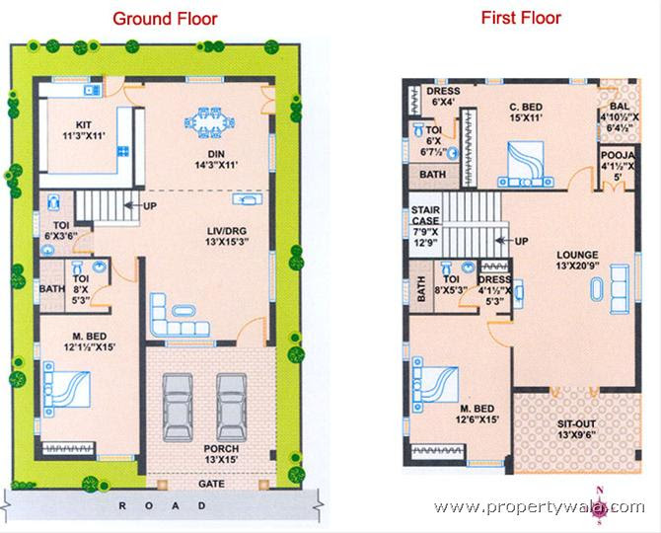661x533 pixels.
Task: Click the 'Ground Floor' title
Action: click(x=165, y=19)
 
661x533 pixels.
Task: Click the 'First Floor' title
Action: click(x=521, y=18)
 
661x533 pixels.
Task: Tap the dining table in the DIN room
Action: click(x=209, y=122)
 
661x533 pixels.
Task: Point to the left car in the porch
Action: click(x=178, y=407)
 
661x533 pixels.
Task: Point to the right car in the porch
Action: click(x=232, y=407)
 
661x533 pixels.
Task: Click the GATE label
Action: click(x=212, y=484)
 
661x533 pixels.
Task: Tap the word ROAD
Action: click(x=163, y=505)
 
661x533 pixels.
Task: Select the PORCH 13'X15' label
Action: click(x=221, y=454)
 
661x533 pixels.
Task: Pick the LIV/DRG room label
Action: click(x=227, y=237)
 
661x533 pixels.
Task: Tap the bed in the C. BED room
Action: click(x=526, y=164)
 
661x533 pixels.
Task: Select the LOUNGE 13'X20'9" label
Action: click(x=577, y=261)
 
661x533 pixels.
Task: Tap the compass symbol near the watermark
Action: click(x=600, y=506)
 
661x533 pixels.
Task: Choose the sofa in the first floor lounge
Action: click(x=620, y=289)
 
